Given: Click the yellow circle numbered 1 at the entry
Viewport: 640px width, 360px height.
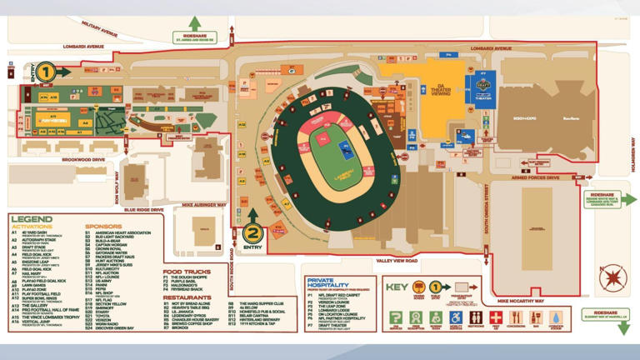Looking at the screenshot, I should pos(45,73).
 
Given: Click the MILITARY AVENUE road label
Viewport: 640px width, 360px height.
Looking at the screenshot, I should pos(100,31).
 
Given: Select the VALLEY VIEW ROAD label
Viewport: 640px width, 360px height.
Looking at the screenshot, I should pos(396,261).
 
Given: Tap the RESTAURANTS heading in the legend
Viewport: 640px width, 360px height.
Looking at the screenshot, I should pos(187,297).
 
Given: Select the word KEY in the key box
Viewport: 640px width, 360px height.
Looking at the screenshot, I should pos(397,287).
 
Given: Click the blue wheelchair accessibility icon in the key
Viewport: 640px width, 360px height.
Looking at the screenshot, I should pos(456,318).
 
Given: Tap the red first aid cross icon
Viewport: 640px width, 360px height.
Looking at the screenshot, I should pos(496,318).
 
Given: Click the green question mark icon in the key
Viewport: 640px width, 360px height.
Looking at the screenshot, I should pos(396,318).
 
